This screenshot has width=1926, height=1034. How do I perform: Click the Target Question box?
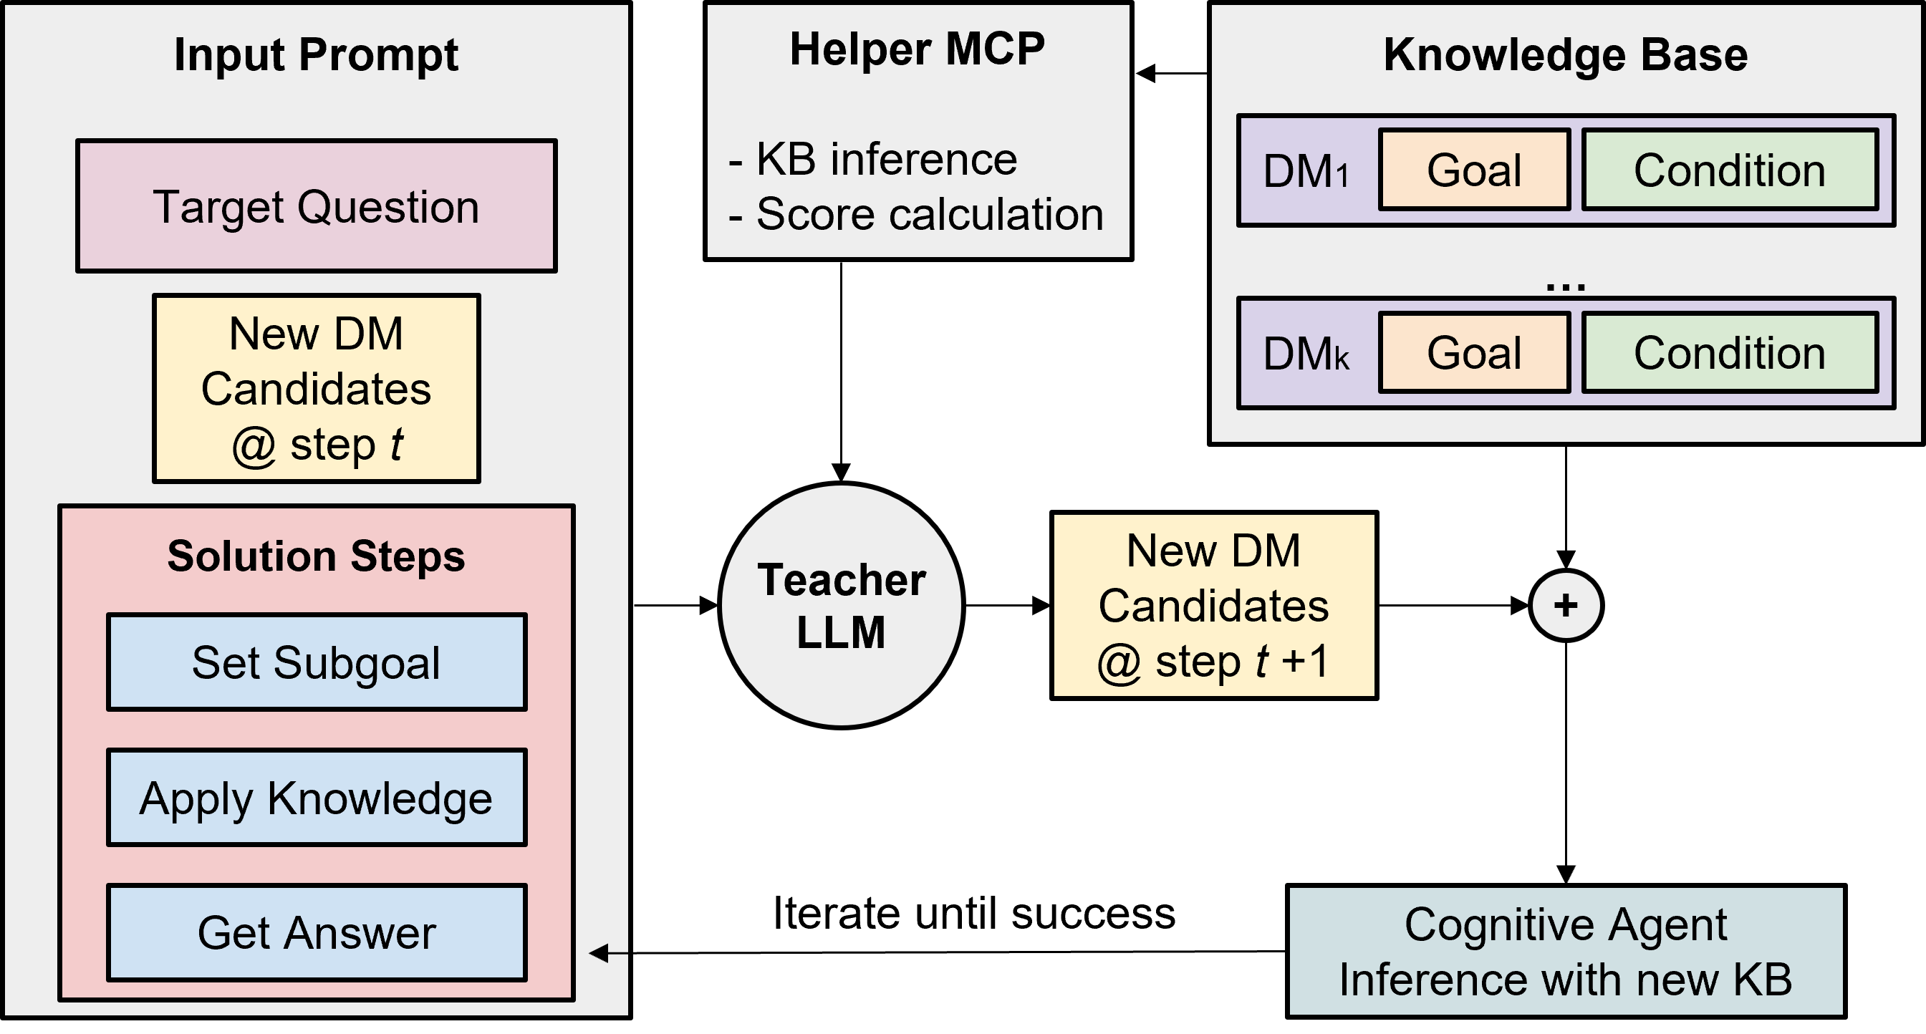pos(317,206)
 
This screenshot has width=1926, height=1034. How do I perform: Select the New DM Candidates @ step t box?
pos(317,389)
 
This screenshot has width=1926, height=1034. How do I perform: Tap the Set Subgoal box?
pos(317,662)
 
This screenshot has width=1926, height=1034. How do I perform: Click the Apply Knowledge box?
pos(317,798)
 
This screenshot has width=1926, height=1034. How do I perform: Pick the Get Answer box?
pos(317,933)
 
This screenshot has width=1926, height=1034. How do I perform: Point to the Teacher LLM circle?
pos(841,606)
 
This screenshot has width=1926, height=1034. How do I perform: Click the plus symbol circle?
pos(1566,606)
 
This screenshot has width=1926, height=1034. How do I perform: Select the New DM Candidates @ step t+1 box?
pos(1213,606)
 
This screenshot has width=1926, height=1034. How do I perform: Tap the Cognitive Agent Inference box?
pos(1566,951)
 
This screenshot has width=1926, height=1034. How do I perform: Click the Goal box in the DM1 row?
pos(1473,170)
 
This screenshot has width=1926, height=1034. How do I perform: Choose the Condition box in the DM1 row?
pos(1729,170)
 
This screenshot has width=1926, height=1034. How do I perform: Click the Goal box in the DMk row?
pos(1473,353)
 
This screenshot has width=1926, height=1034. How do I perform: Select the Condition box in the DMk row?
pos(1729,353)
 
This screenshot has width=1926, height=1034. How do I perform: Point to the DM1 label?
pos(1306,172)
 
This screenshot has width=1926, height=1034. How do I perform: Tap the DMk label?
pos(1306,354)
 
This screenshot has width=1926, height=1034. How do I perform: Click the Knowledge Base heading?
pos(1566,55)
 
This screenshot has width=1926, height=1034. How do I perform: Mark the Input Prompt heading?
pos(316,55)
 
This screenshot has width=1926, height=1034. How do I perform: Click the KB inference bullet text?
pos(873,159)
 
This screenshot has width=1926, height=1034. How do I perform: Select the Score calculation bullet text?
pos(916,215)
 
